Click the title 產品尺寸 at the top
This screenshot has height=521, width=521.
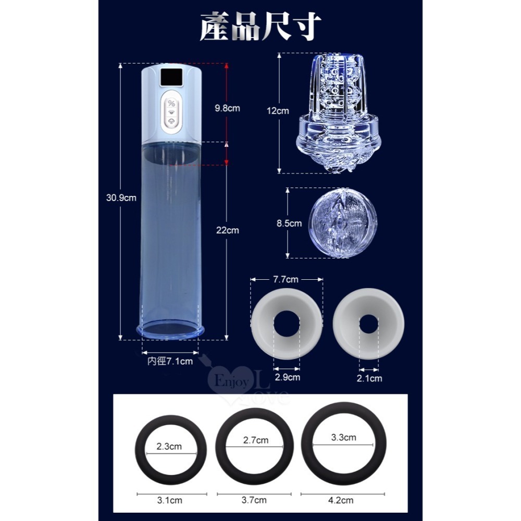(x=260, y=27)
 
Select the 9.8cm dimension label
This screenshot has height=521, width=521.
(x=227, y=108)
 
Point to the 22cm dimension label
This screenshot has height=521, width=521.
(x=227, y=230)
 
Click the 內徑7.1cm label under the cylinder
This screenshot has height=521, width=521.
(x=169, y=361)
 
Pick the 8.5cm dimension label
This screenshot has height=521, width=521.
(x=289, y=224)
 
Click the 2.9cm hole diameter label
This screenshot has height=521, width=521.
(x=287, y=376)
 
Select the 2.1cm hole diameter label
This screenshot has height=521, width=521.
(x=369, y=378)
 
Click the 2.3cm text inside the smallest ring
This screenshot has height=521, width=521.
(x=169, y=446)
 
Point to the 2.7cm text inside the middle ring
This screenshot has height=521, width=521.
(x=255, y=440)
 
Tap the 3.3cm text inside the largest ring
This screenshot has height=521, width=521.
(x=343, y=437)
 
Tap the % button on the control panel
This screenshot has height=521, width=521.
(x=171, y=103)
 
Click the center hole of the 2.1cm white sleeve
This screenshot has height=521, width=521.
(x=369, y=325)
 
